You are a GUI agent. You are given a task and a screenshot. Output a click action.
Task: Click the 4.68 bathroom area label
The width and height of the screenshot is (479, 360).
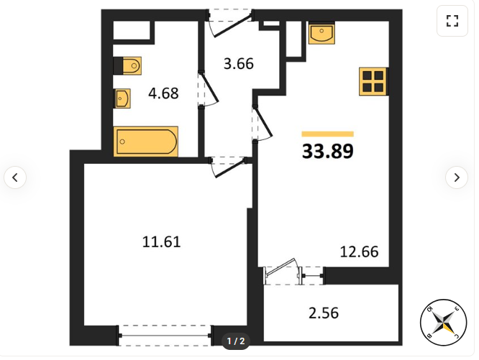click(163, 93)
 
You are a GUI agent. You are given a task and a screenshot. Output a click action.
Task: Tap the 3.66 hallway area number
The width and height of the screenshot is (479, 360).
click(239, 64)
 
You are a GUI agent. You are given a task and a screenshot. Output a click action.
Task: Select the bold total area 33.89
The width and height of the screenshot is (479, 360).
click(328, 151)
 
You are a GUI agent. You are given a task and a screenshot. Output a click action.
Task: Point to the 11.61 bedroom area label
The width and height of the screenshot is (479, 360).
click(162, 241)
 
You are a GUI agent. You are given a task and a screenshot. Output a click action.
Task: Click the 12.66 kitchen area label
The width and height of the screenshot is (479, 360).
click(360, 251)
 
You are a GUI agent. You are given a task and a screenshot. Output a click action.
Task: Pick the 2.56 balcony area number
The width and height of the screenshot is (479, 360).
click(324, 313)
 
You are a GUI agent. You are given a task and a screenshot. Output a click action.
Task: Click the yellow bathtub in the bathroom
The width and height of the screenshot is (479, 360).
click(146, 142)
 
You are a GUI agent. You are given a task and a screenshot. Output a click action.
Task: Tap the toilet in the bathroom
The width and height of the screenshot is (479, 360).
click(127, 65)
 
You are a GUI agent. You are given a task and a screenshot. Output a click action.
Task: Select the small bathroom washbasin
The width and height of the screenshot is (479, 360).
click(122, 98)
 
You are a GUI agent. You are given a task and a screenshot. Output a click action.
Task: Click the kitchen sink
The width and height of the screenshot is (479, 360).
click(321, 32)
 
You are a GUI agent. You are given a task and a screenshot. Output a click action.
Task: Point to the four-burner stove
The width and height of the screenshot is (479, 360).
click(373, 81)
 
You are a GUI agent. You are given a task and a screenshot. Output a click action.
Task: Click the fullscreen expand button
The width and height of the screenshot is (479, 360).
click(452, 21)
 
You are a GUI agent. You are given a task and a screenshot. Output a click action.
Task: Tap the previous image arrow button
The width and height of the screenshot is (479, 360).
click(15, 177)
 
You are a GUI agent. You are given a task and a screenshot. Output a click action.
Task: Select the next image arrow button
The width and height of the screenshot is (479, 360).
click(457, 177)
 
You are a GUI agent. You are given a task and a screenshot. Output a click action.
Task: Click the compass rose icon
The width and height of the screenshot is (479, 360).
click(444, 323)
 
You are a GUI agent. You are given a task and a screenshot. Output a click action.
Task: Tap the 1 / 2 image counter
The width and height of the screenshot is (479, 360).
click(236, 341)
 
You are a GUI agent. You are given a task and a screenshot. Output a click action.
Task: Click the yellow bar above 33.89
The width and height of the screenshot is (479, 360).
click(328, 134)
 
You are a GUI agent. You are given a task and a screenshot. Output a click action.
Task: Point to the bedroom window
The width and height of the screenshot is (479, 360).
click(165, 336)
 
